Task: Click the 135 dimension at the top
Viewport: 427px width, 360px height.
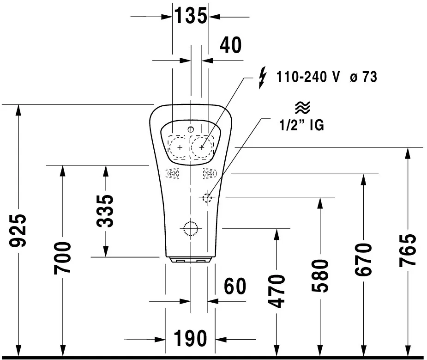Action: tap(190, 16)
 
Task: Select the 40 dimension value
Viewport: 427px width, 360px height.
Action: tap(230, 45)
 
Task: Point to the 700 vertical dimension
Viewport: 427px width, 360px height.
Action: tap(63, 257)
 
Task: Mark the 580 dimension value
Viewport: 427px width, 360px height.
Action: tap(319, 276)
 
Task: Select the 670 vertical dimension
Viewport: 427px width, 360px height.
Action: tap(363, 259)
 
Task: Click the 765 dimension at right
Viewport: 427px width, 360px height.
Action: tap(408, 250)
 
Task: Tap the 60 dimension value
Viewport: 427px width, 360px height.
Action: tap(235, 287)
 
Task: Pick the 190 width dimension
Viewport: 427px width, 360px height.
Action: tap(191, 339)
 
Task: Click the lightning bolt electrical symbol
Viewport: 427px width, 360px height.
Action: tap(262, 77)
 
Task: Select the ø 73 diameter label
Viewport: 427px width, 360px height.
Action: tap(363, 77)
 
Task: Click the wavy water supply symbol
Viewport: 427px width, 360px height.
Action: tap(302, 108)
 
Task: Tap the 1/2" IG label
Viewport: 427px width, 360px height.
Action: tap(302, 125)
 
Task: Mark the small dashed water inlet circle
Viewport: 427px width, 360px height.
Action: tap(207, 198)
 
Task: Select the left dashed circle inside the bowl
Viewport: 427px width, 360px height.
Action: tap(180, 147)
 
